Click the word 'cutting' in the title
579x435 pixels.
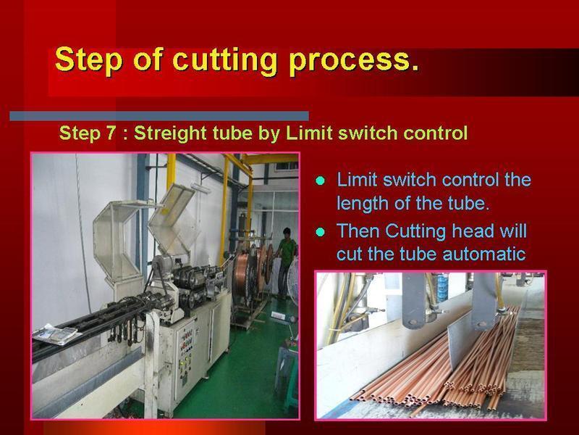coord(225,59)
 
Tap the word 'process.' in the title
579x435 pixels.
coord(355,61)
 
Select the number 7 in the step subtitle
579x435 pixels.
coord(111,133)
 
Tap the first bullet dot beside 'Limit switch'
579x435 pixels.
coord(320,181)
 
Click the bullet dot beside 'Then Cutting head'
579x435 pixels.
coord(320,232)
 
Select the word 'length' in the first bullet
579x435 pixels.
coord(362,204)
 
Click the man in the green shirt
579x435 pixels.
coord(285,261)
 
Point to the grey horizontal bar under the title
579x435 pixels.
coord(159,116)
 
